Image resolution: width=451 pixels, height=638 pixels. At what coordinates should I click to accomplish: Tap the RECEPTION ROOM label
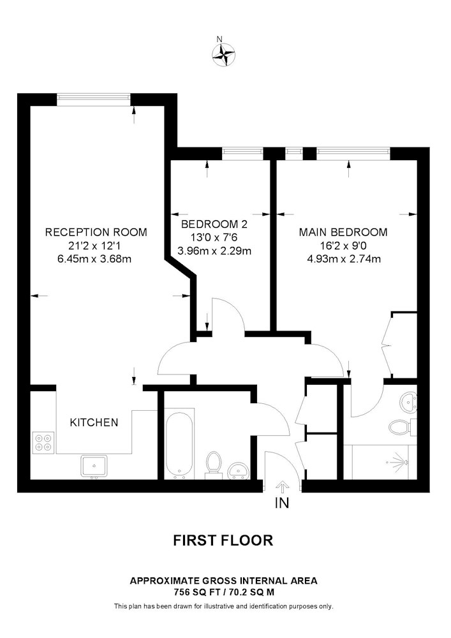pos(96,232)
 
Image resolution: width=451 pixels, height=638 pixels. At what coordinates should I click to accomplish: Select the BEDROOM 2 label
pos(214,224)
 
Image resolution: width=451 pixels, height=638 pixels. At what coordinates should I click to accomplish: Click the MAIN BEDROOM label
pos(343,232)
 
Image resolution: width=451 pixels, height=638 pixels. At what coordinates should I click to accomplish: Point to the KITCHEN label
pos(94,422)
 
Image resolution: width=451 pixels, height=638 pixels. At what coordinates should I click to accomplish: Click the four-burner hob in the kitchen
pos(43,442)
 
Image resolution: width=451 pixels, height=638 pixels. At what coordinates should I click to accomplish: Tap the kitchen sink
pos(94,466)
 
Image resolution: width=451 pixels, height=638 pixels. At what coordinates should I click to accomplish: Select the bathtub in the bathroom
pos(179,445)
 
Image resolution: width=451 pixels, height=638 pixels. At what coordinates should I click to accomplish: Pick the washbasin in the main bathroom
pos(238,470)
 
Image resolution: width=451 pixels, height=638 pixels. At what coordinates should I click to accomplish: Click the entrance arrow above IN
pos(282,487)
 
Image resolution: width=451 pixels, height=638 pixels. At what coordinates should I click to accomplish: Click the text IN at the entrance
pos(282,503)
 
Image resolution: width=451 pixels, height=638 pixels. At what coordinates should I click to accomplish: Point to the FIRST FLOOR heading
pos(223,540)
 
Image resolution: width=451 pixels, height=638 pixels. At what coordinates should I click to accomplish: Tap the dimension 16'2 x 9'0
pos(343,246)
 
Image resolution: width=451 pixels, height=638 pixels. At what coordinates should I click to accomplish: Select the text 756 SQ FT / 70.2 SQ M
pos(223,593)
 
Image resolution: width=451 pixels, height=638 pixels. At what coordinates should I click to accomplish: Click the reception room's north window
pos(94,97)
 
